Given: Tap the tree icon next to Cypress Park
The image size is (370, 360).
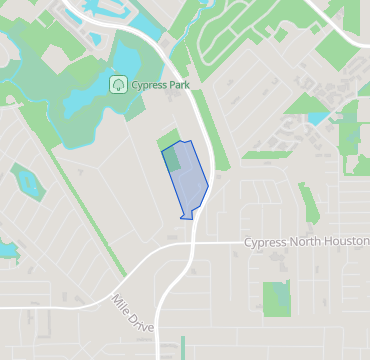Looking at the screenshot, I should tap(118, 84).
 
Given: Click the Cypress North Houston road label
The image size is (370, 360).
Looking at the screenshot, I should tap(306, 243).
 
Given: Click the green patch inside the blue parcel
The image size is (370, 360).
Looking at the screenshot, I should tap(173, 157).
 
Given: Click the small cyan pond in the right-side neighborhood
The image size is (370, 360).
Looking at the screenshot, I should tap(318, 118).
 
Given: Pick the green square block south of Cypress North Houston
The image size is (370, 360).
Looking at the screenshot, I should tap(275, 297).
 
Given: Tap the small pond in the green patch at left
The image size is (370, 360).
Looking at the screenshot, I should tap(24, 184).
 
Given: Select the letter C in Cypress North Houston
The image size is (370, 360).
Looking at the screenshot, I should tap(248, 243).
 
